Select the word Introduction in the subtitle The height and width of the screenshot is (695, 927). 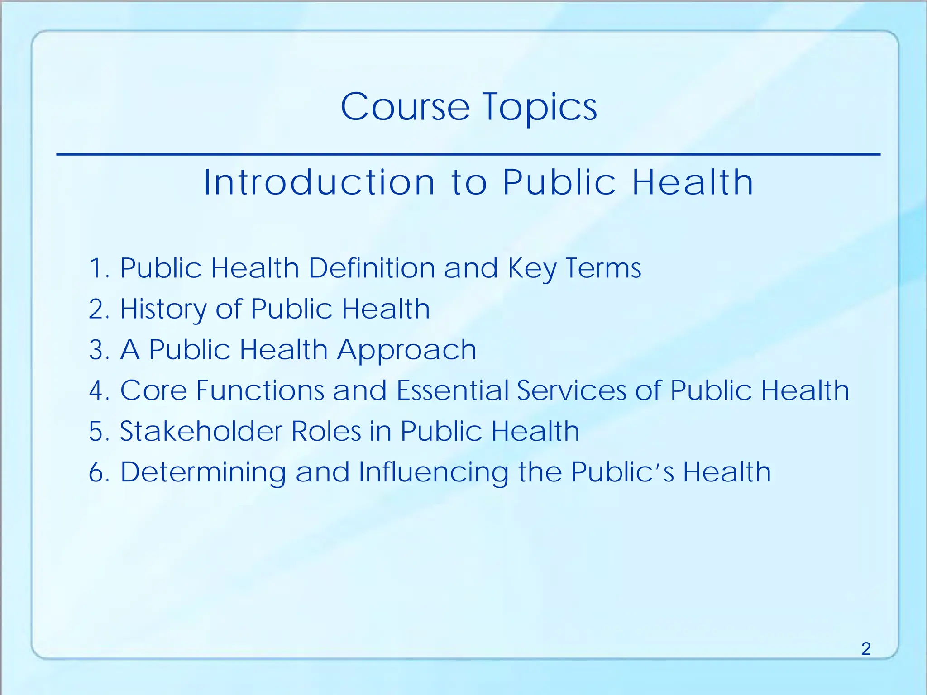[x=319, y=182]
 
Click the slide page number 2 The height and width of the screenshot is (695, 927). [x=865, y=649]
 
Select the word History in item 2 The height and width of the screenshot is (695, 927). [x=163, y=309]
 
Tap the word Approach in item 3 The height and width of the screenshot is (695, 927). [x=406, y=350]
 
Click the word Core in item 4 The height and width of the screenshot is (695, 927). [x=153, y=390]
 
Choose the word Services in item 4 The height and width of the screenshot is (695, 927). [x=572, y=390]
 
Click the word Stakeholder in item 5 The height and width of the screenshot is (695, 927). [x=201, y=431]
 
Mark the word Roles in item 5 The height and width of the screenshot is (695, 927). [x=326, y=431]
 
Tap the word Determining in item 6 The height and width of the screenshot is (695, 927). [x=203, y=472]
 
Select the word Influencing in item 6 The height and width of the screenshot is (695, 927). [x=433, y=472]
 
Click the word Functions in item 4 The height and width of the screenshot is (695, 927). [x=260, y=390]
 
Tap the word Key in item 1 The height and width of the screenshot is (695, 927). [x=532, y=269]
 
